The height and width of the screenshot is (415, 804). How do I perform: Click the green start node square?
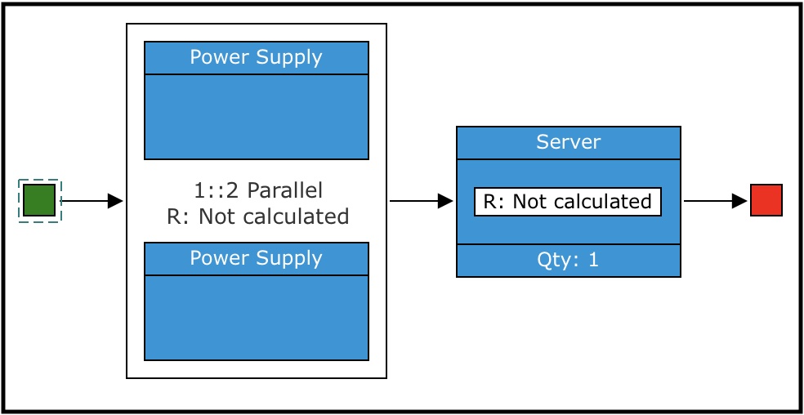click(39, 200)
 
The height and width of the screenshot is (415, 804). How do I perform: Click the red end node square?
click(766, 200)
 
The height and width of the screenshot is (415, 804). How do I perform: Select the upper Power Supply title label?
click(256, 58)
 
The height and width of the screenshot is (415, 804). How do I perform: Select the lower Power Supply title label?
click(256, 258)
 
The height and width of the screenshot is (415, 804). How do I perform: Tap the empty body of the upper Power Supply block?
click(256, 117)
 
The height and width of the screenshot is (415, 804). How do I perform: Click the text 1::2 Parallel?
click(258, 191)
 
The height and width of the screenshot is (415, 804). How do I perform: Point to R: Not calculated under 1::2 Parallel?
click(257, 216)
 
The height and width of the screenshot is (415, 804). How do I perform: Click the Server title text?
click(568, 142)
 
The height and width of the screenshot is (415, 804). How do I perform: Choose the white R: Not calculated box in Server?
click(567, 202)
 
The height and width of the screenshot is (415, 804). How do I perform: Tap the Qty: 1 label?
click(568, 261)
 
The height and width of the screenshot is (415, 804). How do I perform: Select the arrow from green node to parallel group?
click(91, 200)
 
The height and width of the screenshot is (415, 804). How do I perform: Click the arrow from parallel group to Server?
click(420, 200)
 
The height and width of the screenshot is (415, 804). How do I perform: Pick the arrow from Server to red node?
click(714, 200)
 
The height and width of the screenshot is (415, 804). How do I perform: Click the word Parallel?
click(285, 191)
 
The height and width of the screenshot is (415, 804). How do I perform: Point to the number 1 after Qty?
click(594, 261)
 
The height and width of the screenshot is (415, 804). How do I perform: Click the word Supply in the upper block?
click(288, 58)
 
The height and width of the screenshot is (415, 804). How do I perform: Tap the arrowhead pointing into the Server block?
click(445, 200)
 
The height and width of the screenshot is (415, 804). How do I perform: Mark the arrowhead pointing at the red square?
click(739, 200)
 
